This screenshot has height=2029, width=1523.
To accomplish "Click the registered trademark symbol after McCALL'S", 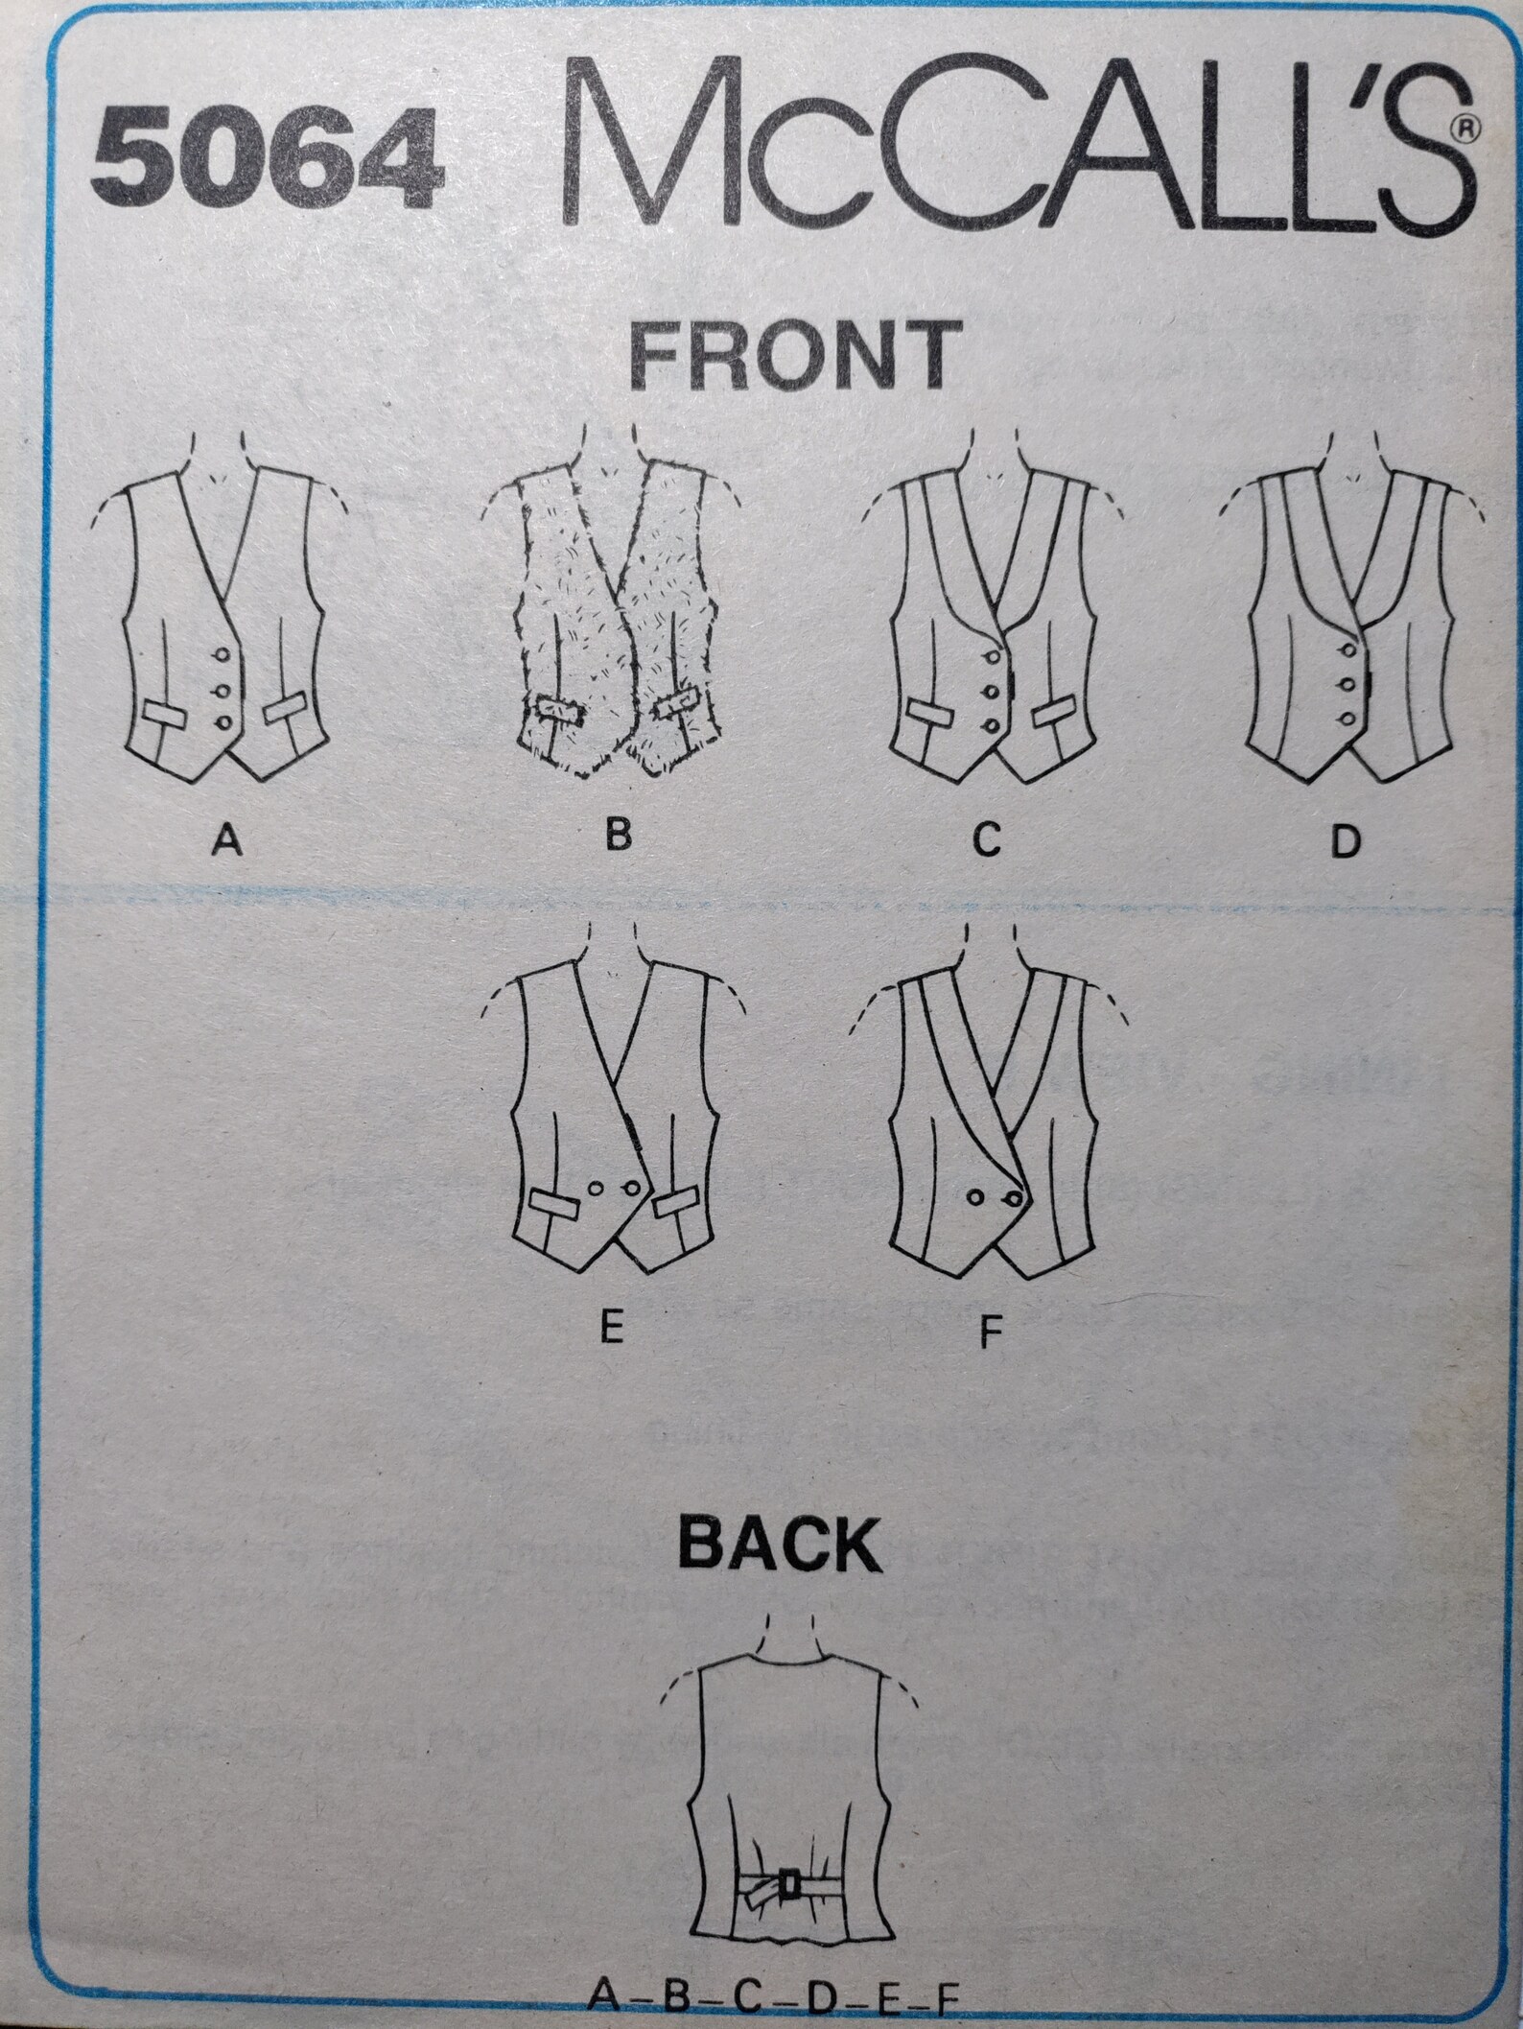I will (x=1464, y=127).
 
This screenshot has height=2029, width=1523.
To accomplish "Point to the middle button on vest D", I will (x=1348, y=684).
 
